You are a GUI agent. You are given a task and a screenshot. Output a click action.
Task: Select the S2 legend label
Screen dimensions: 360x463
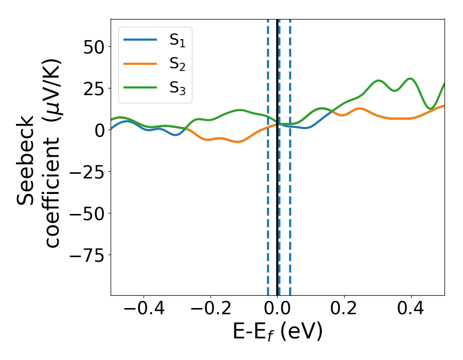[177, 65]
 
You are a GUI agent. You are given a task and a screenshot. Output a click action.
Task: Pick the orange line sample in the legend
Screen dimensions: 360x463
[140, 64]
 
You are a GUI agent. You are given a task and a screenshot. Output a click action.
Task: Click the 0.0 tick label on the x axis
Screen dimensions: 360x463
[277, 310]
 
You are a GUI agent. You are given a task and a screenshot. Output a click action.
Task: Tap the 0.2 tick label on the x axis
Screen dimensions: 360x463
[344, 310]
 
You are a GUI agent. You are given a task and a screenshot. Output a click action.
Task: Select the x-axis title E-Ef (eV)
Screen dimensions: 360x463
[277, 332]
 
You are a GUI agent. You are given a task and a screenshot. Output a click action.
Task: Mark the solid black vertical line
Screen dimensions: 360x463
[277, 206]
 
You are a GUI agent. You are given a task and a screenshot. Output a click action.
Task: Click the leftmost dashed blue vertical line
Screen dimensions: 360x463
[268, 206]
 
